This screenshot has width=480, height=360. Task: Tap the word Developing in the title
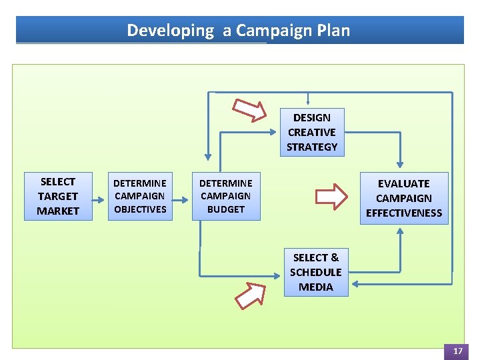[x=170, y=31]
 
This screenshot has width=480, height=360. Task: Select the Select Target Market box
[x=58, y=196]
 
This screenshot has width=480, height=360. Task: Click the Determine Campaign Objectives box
[x=140, y=196]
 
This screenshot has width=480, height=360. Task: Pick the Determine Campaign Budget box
[x=226, y=196]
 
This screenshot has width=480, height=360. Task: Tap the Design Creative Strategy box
[x=312, y=132]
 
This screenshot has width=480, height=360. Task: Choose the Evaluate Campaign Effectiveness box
[x=404, y=198]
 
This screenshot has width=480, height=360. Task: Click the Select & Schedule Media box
[x=316, y=272]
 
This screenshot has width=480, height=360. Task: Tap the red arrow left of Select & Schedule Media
[x=251, y=294]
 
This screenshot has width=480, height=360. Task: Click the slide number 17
[x=458, y=351]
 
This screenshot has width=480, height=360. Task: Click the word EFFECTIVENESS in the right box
[x=404, y=213]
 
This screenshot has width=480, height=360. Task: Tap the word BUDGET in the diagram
[x=226, y=209]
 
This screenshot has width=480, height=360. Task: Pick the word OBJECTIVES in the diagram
[x=140, y=209]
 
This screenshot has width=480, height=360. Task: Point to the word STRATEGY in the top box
[x=312, y=147]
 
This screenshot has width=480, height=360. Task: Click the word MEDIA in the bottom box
[x=316, y=287]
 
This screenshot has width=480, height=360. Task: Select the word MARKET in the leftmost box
[x=58, y=211]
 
